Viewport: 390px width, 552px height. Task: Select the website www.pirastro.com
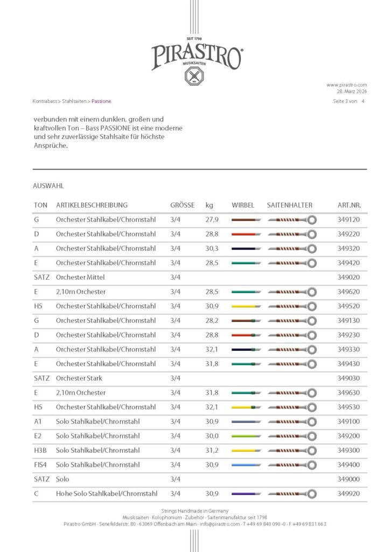point(346,85)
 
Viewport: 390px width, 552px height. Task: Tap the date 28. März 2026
point(351,91)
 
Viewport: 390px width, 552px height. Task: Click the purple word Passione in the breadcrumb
point(101,101)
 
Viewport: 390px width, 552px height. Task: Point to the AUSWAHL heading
point(48,185)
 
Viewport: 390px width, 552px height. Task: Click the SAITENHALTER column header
point(289,205)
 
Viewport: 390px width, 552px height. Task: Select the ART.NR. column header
point(349,205)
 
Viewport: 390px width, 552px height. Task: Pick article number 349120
point(349,219)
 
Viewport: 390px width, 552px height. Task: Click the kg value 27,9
point(212,219)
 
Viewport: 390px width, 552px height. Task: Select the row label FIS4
point(40,465)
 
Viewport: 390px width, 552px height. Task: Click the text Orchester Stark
point(79,378)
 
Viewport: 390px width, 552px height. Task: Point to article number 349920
point(349,493)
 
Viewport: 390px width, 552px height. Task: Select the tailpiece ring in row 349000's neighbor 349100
point(311,422)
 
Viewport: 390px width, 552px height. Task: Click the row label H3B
point(40,450)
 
